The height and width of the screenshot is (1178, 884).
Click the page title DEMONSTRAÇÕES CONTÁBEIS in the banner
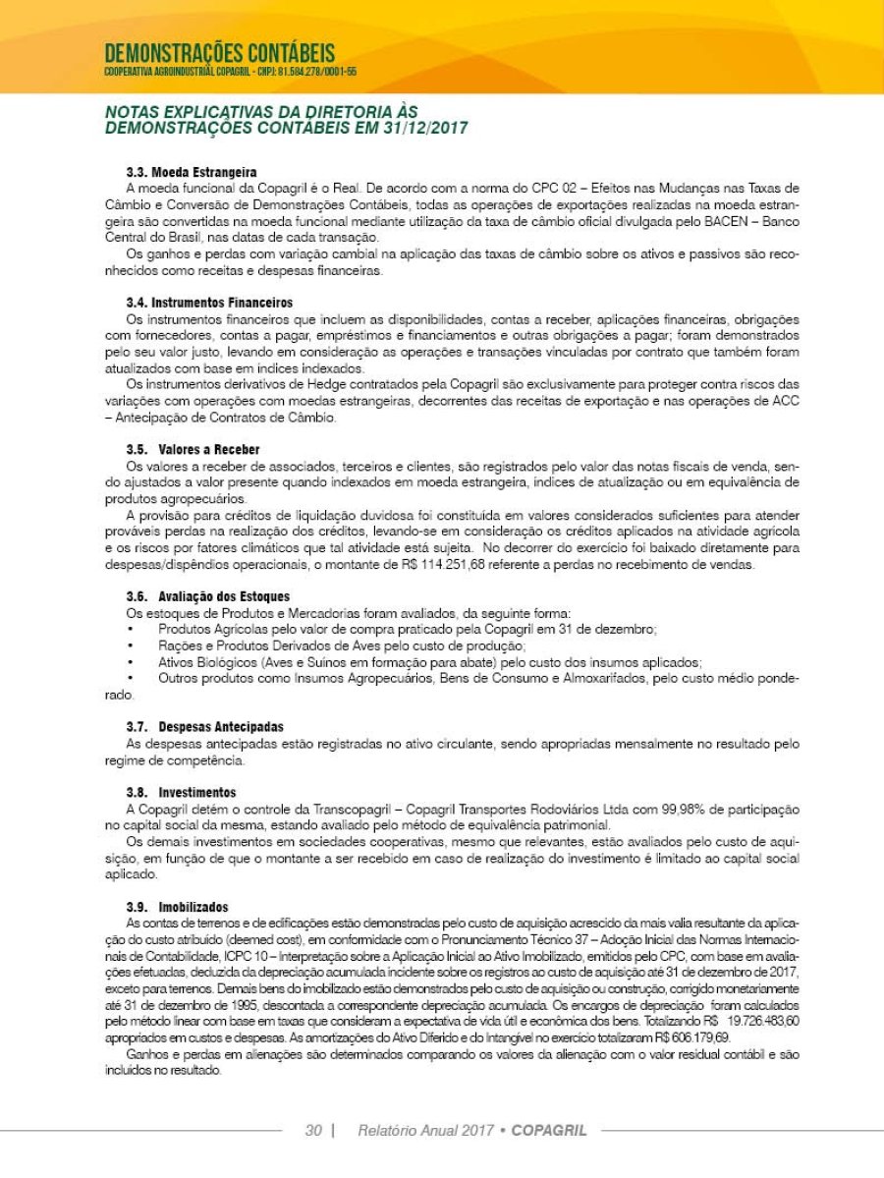[x=219, y=52]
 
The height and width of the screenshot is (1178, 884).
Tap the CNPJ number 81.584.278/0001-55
[x=319, y=72]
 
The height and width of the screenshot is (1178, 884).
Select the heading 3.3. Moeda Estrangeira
[x=192, y=173]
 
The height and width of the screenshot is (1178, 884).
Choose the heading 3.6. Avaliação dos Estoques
[x=207, y=596]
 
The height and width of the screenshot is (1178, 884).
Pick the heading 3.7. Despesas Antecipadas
[x=205, y=727]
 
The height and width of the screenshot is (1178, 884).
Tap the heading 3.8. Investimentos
[x=182, y=792]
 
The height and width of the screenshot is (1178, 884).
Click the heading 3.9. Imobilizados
[x=177, y=907]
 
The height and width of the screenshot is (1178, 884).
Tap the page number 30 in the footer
[x=313, y=1130]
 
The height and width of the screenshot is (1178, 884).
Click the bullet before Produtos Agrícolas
[x=132, y=629]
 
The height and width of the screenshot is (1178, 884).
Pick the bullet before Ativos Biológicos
[x=132, y=662]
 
